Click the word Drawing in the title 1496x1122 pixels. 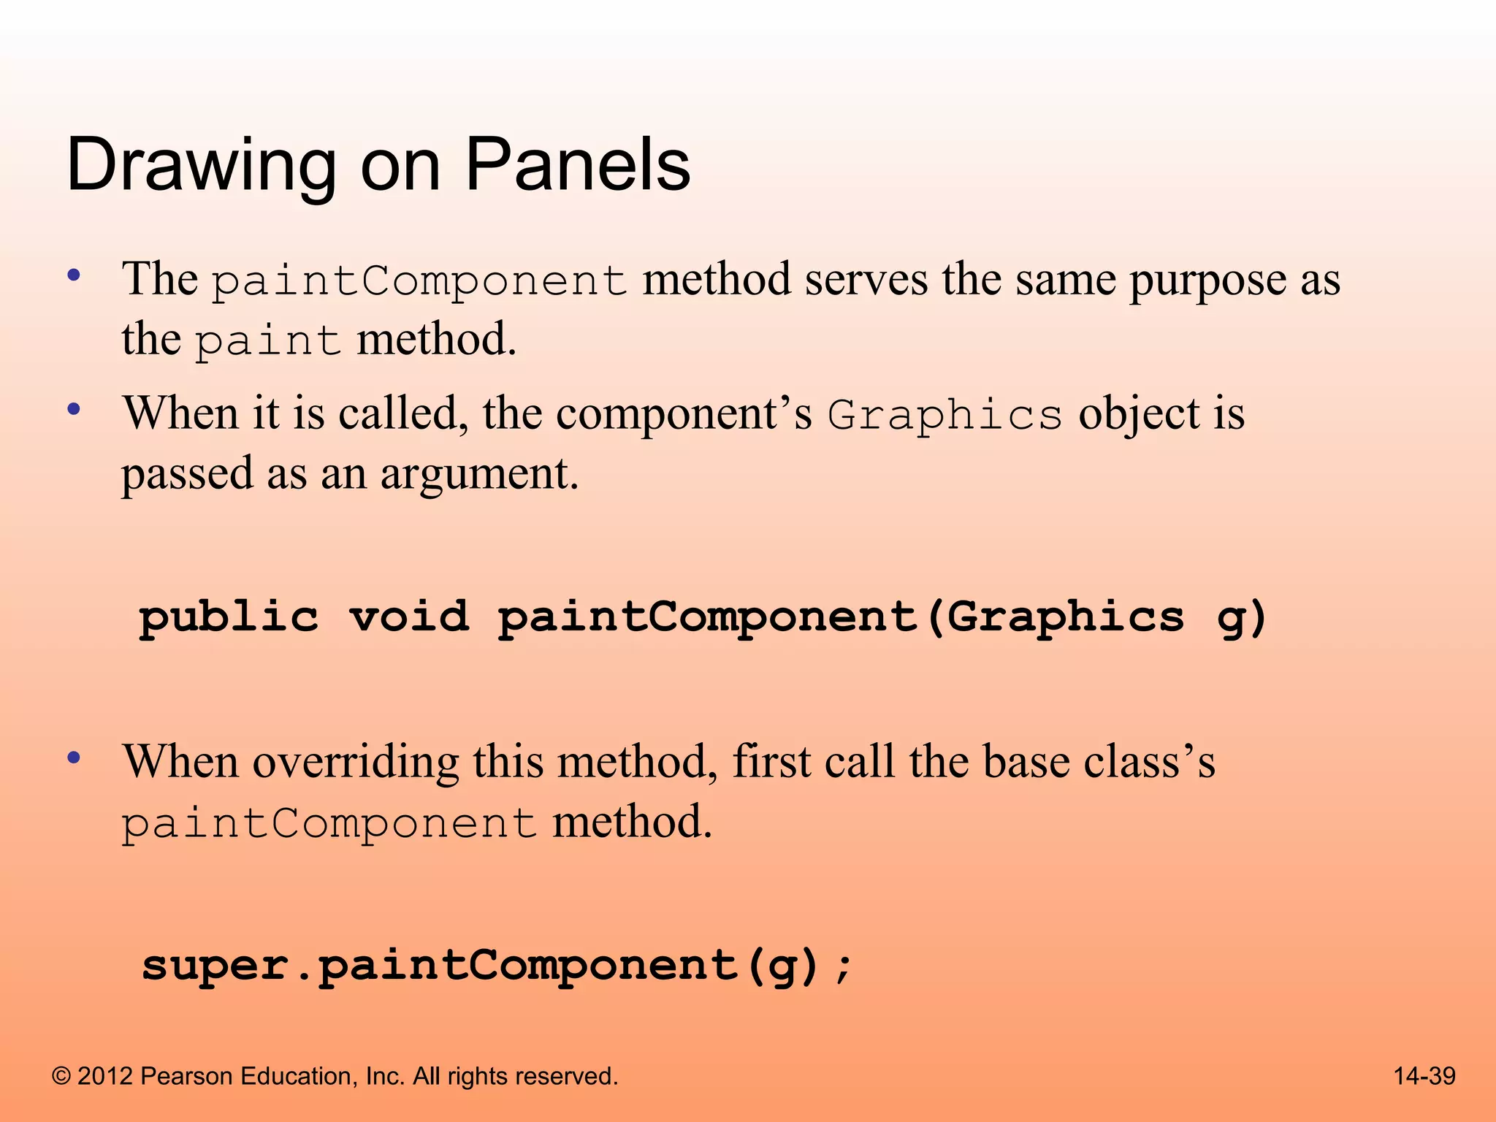(x=201, y=167)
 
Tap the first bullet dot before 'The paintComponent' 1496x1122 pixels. (x=73, y=276)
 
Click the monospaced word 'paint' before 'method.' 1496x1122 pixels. (x=268, y=342)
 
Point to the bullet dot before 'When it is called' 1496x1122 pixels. (x=73, y=409)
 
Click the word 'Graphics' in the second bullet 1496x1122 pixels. (x=944, y=416)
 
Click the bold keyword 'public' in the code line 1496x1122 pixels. (x=229, y=618)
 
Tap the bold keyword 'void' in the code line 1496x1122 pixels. (x=409, y=617)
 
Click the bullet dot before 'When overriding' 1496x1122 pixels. (x=73, y=757)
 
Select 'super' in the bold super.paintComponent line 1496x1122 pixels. (x=215, y=967)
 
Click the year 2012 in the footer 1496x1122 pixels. (x=104, y=1076)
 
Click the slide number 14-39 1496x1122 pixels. (x=1424, y=1076)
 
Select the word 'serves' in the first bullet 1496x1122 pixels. (x=866, y=280)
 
